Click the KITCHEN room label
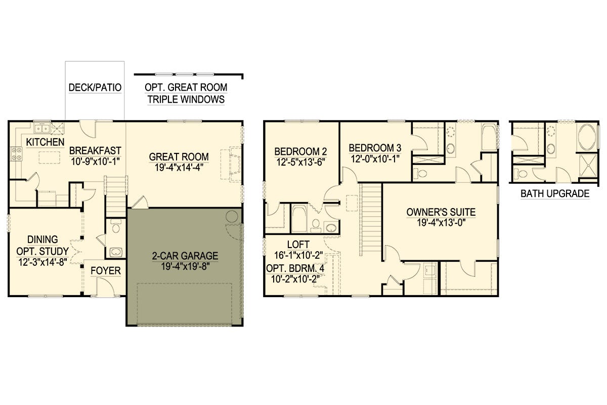[x=45, y=142]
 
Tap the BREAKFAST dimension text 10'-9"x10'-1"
[x=95, y=161]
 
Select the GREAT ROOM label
[x=179, y=157]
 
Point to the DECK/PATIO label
[x=95, y=88]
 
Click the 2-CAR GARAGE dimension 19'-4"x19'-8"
[x=185, y=267]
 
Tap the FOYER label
[x=106, y=271]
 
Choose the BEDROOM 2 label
[x=300, y=151]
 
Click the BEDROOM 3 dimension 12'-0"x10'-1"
[x=375, y=158]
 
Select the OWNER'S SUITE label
[x=441, y=212]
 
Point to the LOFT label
[x=298, y=245]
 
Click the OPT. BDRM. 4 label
[x=295, y=268]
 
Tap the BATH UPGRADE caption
[x=555, y=193]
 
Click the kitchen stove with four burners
[x=16, y=154]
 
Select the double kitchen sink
[x=42, y=128]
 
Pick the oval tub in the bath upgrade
[x=587, y=137]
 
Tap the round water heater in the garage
[x=232, y=217]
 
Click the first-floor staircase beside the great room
[x=116, y=196]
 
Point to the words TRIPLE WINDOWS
[x=186, y=99]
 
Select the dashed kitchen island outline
[x=50, y=157]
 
